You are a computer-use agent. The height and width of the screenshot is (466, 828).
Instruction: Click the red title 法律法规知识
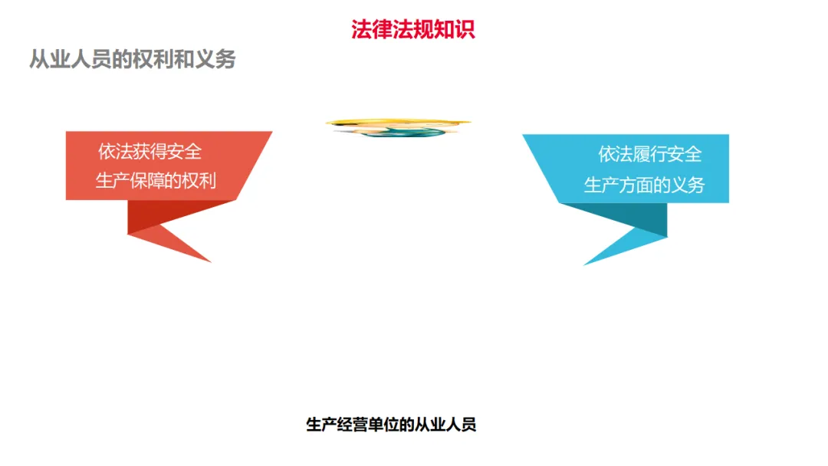point(413,29)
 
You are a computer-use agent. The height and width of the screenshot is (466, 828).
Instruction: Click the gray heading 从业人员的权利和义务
point(132,59)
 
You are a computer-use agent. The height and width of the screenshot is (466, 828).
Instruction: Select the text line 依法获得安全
point(150,152)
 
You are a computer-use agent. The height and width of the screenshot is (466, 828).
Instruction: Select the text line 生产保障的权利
point(156,181)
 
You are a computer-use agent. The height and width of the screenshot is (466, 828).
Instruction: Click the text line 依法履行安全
point(650,154)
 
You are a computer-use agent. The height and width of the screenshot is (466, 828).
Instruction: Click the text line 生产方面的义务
point(644,185)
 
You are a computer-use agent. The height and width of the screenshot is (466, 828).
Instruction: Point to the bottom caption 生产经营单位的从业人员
point(391,425)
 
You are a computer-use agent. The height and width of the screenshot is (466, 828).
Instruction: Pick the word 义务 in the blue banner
point(687,185)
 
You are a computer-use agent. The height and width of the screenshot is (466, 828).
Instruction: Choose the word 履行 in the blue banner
point(650,154)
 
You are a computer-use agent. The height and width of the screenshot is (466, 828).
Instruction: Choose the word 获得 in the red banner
point(150,152)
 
